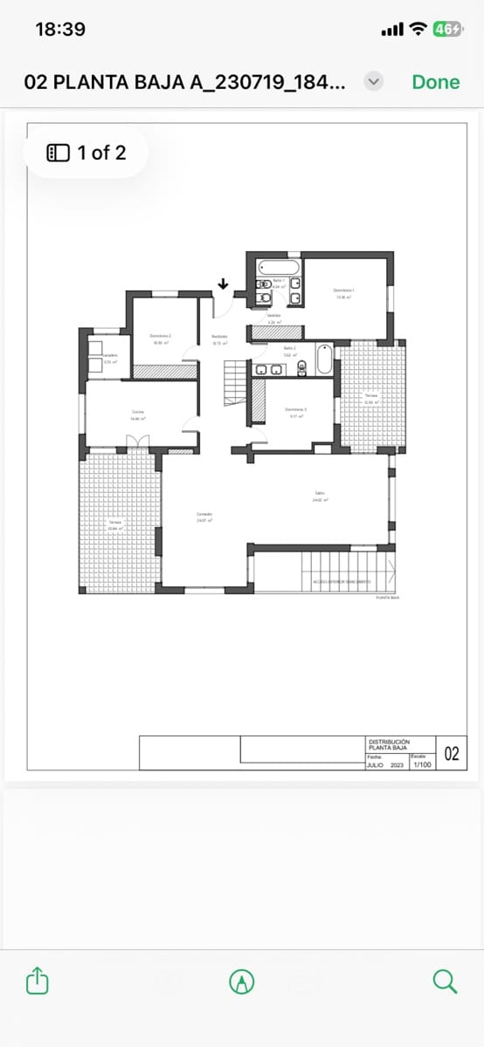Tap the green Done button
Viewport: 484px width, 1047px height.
point(435,82)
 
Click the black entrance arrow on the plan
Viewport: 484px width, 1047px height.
point(223,284)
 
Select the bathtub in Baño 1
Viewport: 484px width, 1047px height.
point(279,265)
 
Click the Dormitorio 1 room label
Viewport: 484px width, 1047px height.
point(343,293)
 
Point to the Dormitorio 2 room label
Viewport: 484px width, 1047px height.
point(160,339)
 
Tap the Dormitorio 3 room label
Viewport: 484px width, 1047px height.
point(295,412)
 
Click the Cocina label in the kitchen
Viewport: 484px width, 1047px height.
point(138,414)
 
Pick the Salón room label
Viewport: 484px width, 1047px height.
point(320,496)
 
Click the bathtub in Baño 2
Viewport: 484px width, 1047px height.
point(324,359)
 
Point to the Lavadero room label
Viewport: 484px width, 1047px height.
point(110,358)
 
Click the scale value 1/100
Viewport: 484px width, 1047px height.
point(422,765)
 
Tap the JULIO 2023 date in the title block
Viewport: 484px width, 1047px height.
point(385,765)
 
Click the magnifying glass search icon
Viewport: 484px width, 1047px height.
point(445,982)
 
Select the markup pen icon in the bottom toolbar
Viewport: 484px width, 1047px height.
point(242,982)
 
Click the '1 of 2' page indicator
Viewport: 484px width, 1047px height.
point(86,153)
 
